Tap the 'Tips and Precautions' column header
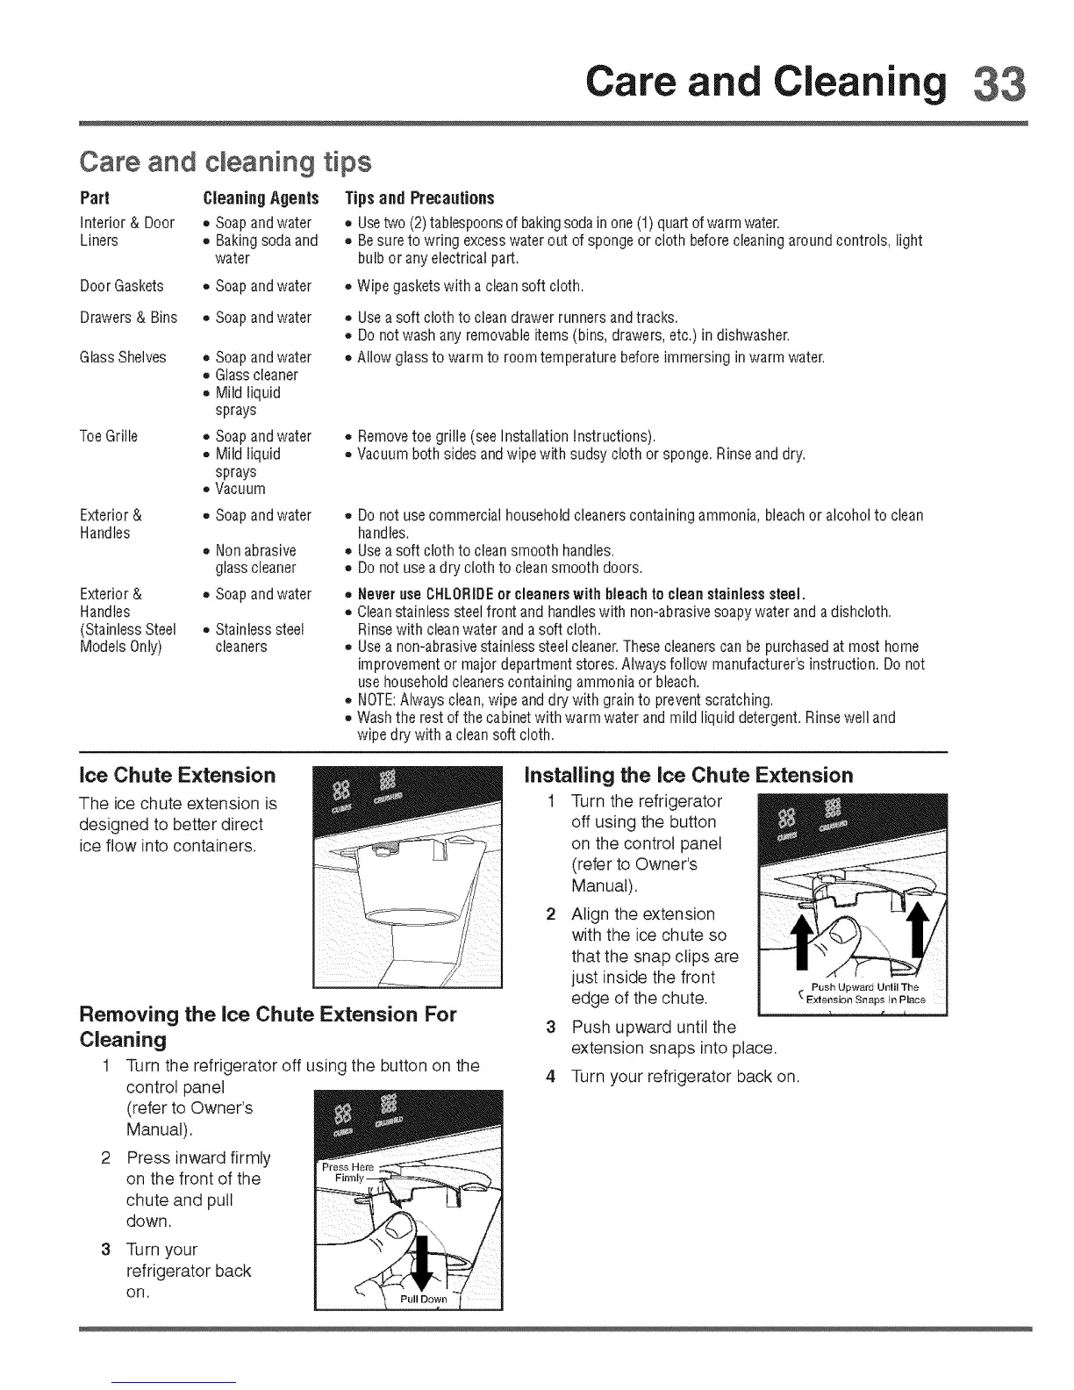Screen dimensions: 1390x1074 pos(420,197)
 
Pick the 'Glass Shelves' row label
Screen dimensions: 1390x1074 pos(123,357)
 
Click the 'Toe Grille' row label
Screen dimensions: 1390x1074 pos(109,436)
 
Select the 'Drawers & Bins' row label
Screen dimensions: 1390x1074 pos(128,318)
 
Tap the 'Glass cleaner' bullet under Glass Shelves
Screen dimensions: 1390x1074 pos(256,375)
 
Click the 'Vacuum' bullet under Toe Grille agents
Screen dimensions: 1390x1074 pos(240,489)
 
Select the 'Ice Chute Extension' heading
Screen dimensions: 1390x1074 pos(176,775)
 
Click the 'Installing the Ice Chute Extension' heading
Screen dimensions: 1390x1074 pos(688,775)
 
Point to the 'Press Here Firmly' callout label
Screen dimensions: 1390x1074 pos(348,1172)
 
